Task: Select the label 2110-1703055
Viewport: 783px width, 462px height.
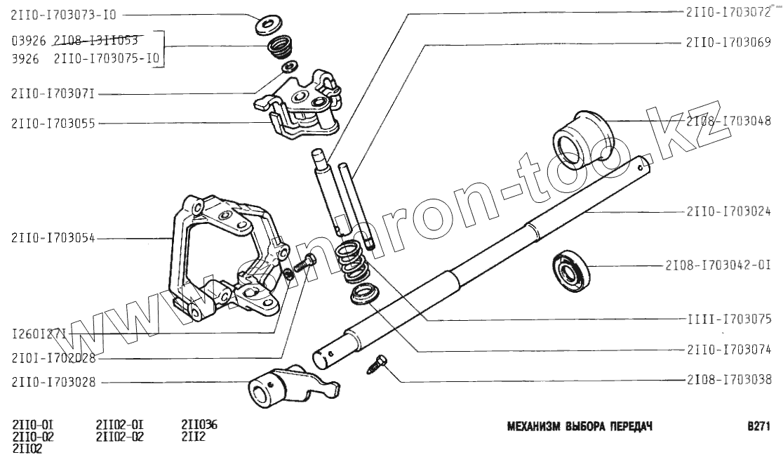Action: pos(53,123)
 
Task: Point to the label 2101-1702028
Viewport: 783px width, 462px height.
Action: pos(53,358)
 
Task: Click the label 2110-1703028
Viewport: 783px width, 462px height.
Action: pos(53,382)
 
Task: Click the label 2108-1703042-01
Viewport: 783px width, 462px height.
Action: pos(718,265)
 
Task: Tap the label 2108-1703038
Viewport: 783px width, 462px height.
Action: pos(728,380)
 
